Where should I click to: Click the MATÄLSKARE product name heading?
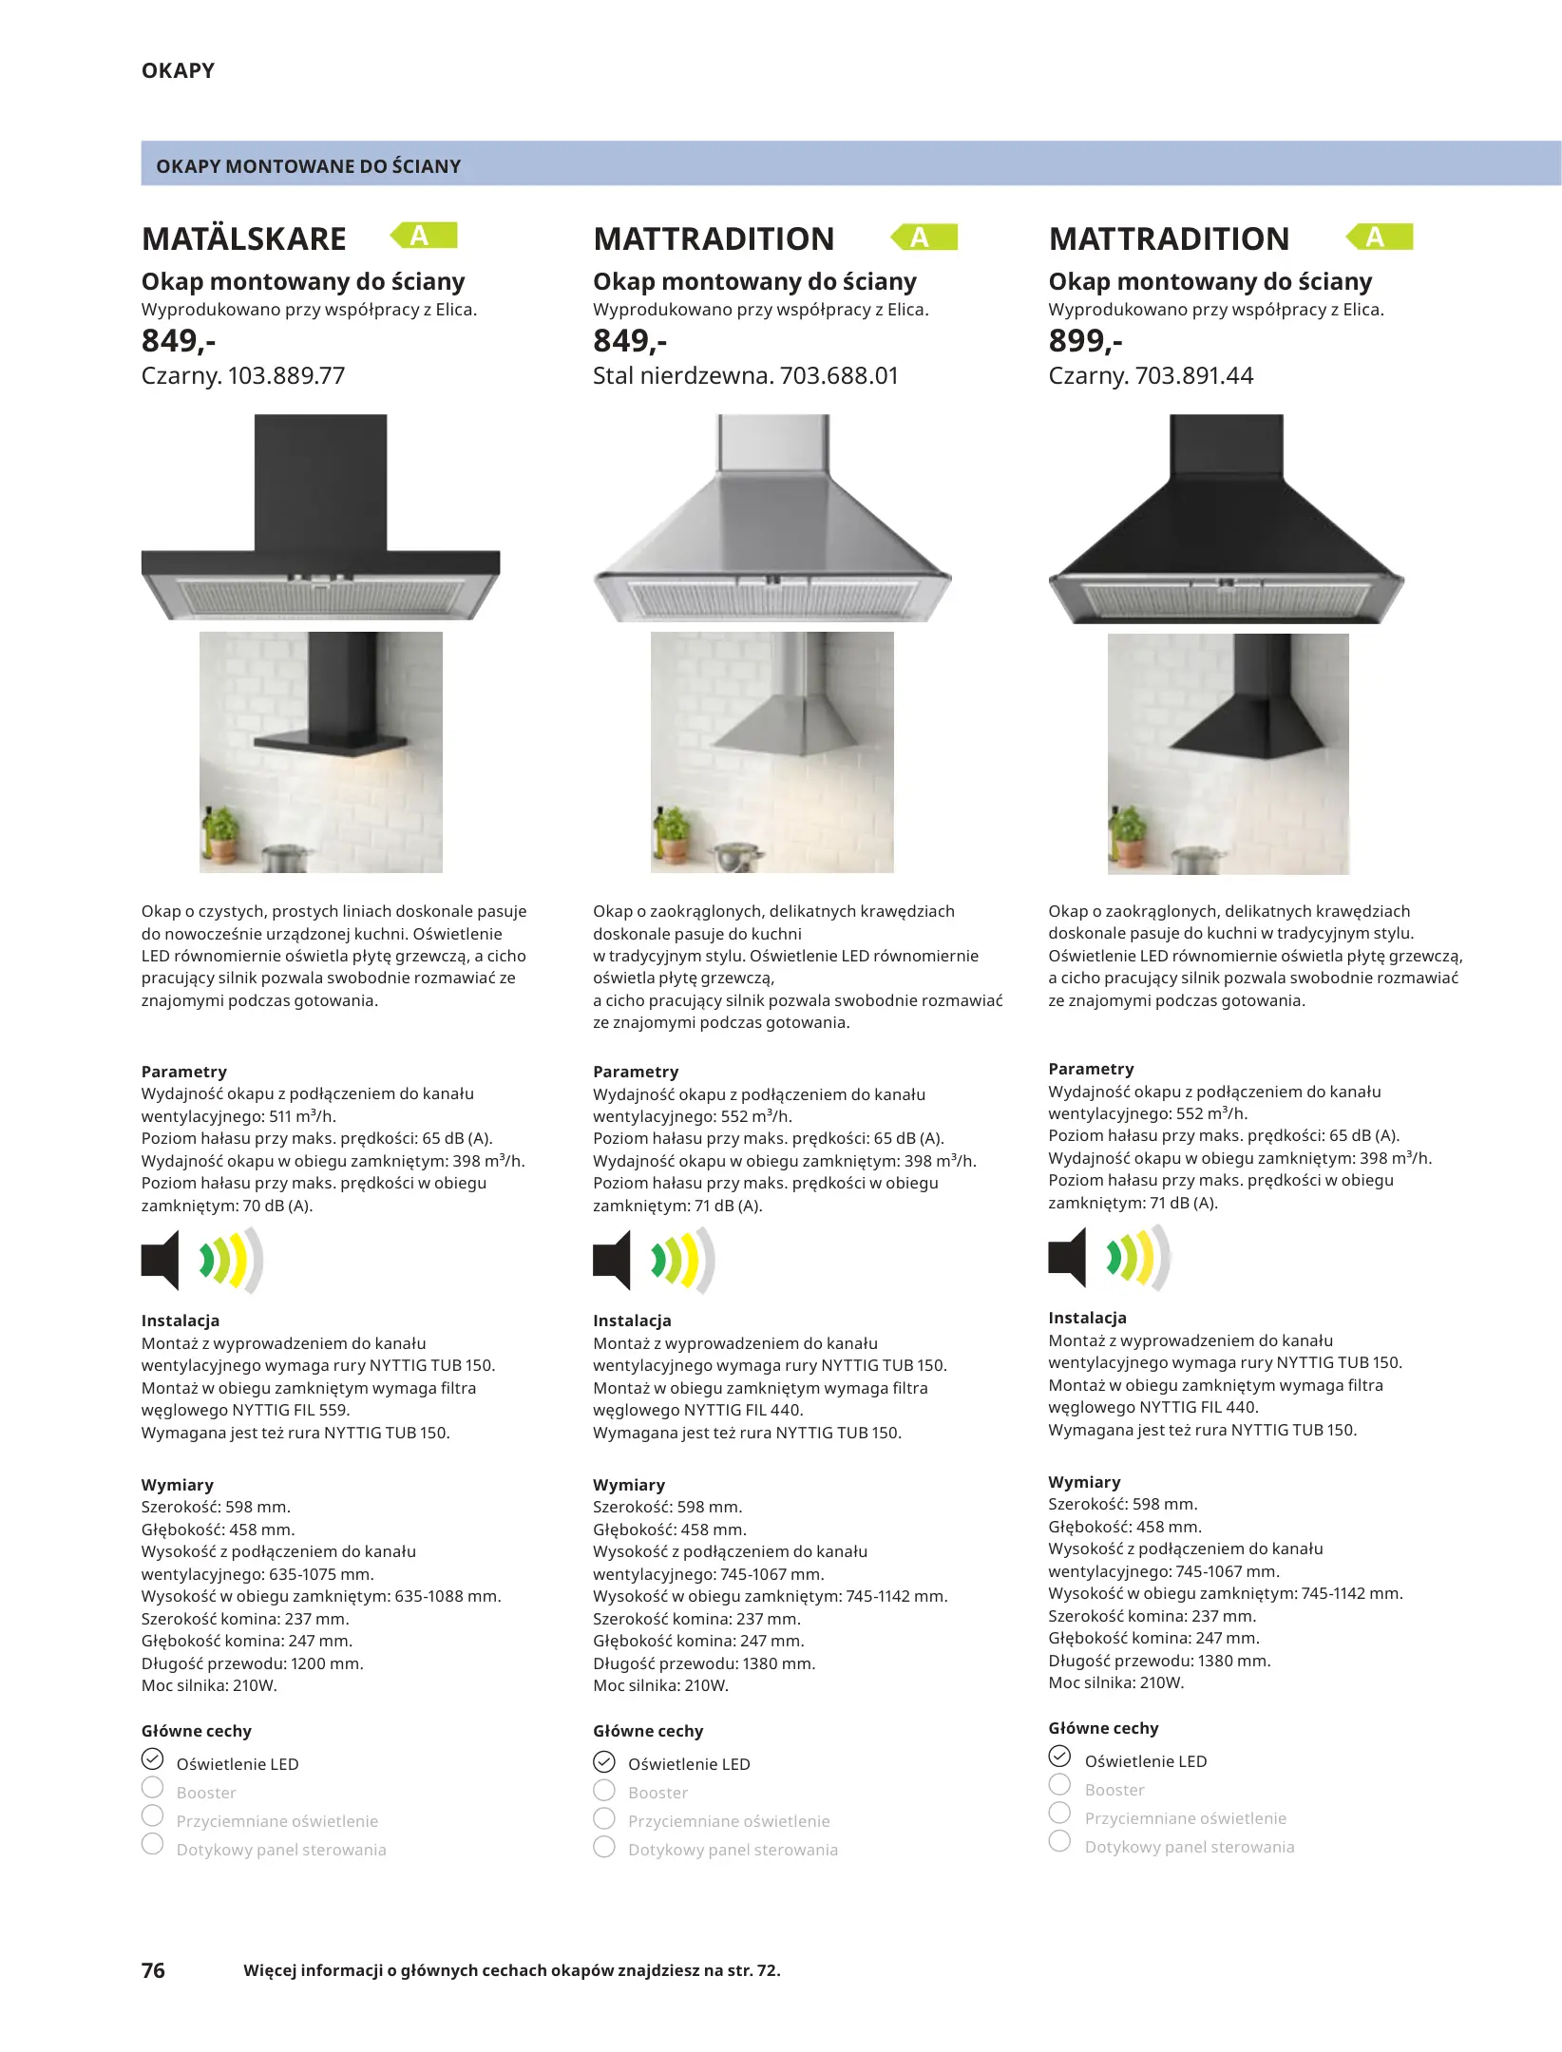[x=243, y=238]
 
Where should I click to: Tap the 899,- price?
[x=1085, y=340]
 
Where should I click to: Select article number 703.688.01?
[x=839, y=376]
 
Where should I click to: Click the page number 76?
[x=153, y=1970]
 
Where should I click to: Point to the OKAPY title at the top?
[x=178, y=70]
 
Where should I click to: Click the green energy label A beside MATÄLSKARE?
[x=424, y=236]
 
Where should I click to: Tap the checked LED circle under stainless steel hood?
[x=604, y=1762]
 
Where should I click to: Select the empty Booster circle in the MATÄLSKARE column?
[x=152, y=1787]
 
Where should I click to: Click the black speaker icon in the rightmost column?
[x=1067, y=1257]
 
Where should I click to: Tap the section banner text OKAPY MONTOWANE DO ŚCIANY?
[x=308, y=166]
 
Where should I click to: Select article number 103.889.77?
[x=286, y=376]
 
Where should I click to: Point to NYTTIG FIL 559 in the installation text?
[x=291, y=1410]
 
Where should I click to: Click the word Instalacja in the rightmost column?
[x=1087, y=1318]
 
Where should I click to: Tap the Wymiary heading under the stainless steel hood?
[x=629, y=1485]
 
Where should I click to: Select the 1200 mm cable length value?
[x=332, y=1663]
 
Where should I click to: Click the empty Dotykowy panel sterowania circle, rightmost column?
[x=1059, y=1841]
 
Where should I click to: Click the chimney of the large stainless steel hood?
[x=772, y=443]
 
